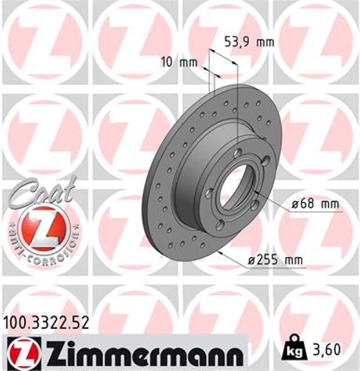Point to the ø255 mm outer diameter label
pos(275,261)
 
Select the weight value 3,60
pos(327,350)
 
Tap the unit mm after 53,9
pos(264,42)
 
